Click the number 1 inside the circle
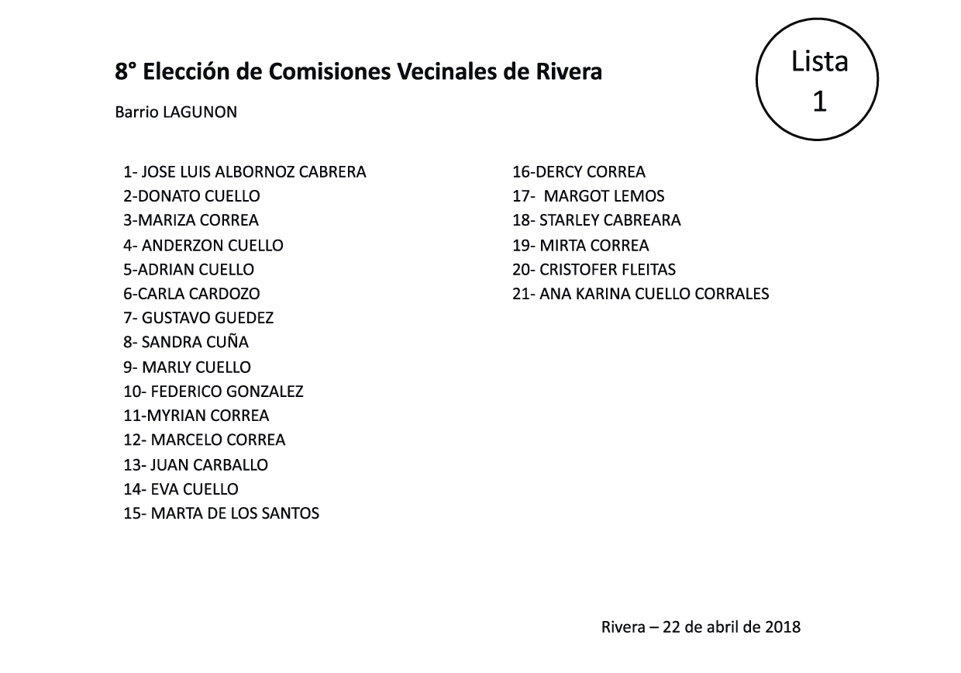(819, 101)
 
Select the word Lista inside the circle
(819, 61)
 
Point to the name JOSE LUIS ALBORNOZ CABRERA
(253, 172)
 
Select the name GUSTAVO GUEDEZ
(207, 318)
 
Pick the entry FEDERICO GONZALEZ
(226, 392)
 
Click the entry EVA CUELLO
(195, 489)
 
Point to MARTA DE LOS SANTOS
(235, 513)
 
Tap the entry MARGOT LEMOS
(604, 196)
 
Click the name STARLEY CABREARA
(610, 220)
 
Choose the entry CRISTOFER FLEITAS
(608, 270)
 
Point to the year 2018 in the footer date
(782, 626)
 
